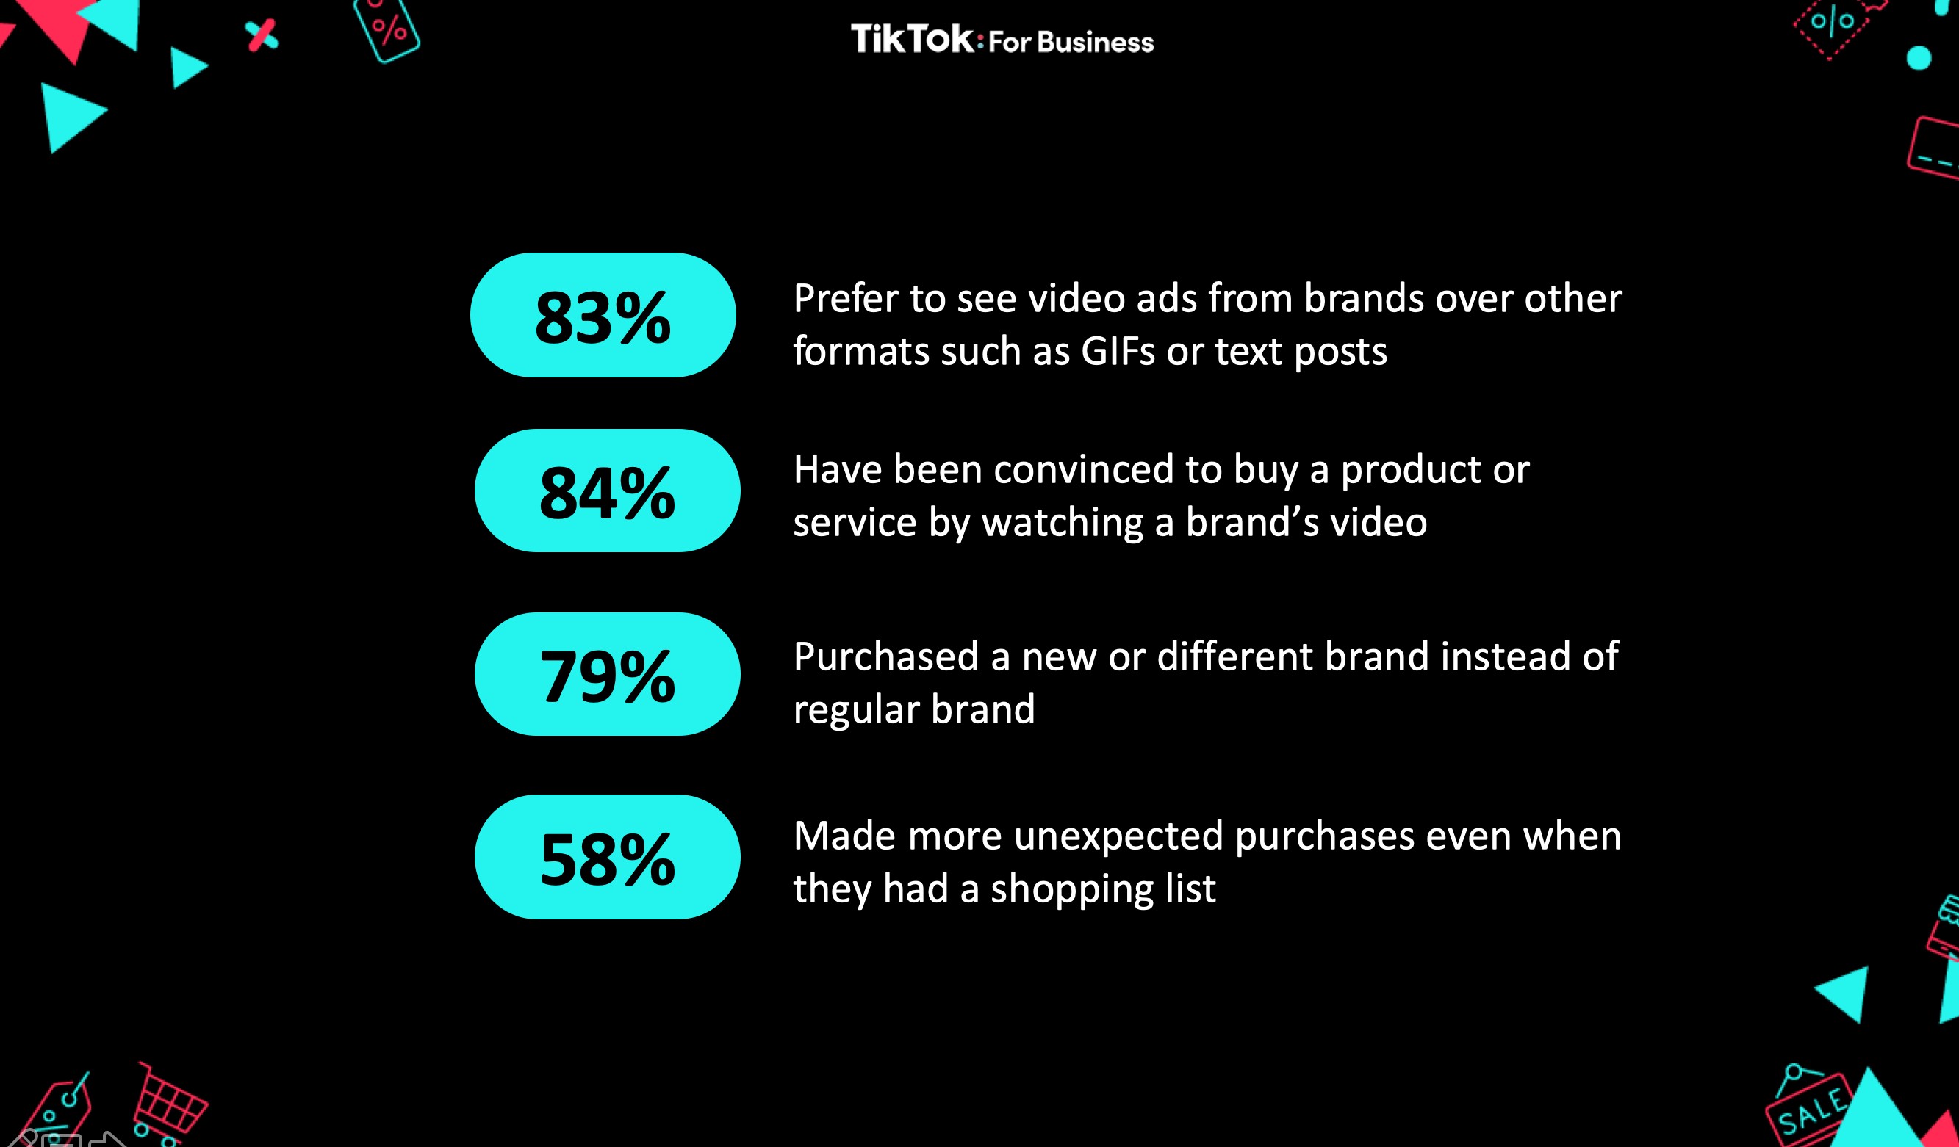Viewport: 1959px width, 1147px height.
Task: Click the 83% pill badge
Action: pyautogui.click(x=603, y=315)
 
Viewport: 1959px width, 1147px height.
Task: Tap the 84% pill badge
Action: pyautogui.click(x=607, y=491)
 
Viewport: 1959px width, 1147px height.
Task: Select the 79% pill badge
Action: pyautogui.click(x=607, y=674)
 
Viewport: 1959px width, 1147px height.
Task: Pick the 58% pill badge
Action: pyautogui.click(x=607, y=856)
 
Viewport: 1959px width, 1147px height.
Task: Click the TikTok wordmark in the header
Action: pyautogui.click(x=912, y=39)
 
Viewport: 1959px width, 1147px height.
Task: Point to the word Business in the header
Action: pyautogui.click(x=1096, y=42)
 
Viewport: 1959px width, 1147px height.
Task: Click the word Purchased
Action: pyautogui.click(x=885, y=656)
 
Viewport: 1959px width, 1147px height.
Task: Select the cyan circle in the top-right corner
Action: pyautogui.click(x=1919, y=57)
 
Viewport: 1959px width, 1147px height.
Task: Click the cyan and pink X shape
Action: pyautogui.click(x=262, y=36)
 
